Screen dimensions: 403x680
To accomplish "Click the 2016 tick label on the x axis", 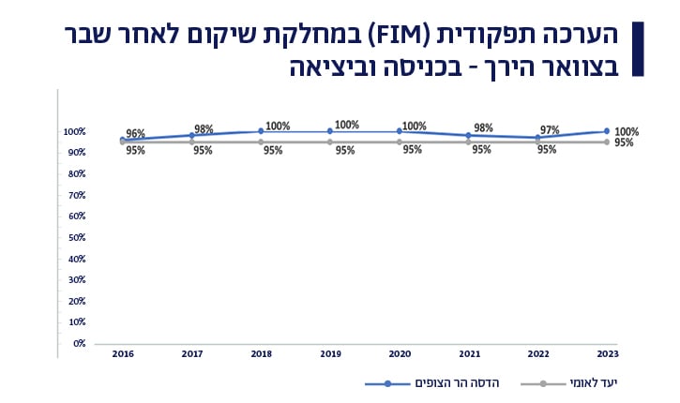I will [x=122, y=353].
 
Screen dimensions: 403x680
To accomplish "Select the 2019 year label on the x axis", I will [x=330, y=353].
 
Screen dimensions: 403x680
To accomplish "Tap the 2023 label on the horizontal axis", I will [x=607, y=353].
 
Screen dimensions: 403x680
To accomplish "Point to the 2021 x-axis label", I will [x=469, y=353].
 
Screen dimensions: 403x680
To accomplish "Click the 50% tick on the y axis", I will [x=78, y=237].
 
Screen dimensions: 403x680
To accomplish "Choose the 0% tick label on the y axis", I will [x=80, y=344].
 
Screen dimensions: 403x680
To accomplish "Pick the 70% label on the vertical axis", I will [x=78, y=195].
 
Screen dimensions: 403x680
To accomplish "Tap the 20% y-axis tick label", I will [x=78, y=301].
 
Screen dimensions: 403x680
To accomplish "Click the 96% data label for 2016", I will [x=135, y=134].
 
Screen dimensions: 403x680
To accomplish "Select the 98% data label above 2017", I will [x=204, y=129].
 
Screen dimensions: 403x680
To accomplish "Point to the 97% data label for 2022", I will [x=550, y=130].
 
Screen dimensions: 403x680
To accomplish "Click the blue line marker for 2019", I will [x=330, y=131].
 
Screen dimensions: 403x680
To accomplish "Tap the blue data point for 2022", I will [x=537, y=138].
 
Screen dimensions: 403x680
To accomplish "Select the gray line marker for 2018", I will [x=261, y=142].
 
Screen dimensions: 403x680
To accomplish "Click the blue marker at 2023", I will [x=607, y=131].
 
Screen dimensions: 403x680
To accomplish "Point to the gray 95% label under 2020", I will [x=413, y=150].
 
